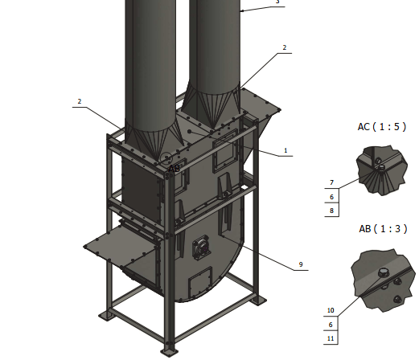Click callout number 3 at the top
tap(277, 2)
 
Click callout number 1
tap(285, 150)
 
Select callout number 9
tap(301, 264)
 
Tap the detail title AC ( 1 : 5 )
tap(382, 127)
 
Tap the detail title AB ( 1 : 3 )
tap(383, 229)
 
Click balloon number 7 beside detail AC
tap(331, 182)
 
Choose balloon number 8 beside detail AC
tap(331, 211)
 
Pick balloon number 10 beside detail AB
tap(331, 310)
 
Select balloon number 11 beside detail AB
tap(331, 338)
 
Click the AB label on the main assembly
tap(175, 169)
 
